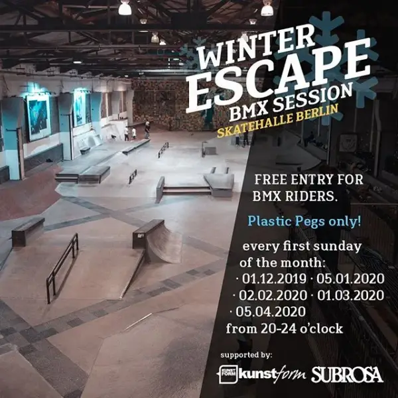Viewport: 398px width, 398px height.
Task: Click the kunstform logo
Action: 262,374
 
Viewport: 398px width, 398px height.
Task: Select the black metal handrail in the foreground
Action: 62,259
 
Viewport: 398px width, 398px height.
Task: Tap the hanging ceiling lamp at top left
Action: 125,8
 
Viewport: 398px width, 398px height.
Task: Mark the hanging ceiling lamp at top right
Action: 267,9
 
